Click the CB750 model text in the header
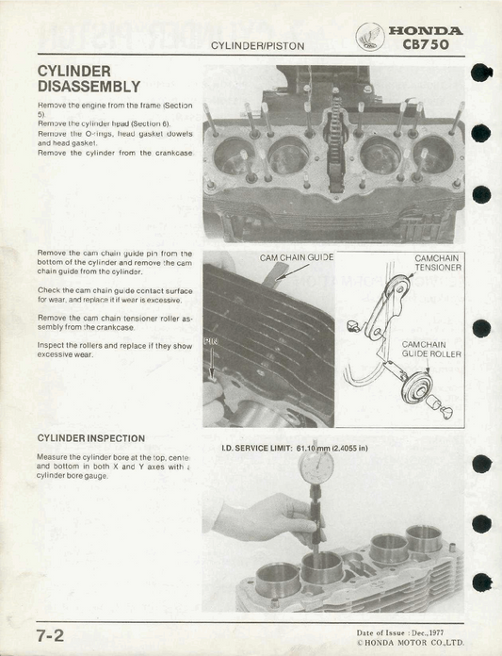[x=425, y=44]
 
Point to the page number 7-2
[x=50, y=635]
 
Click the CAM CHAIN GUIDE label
[x=296, y=257]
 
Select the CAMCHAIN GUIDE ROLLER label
[x=431, y=349]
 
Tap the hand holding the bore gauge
[x=254, y=518]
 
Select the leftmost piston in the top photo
[x=235, y=155]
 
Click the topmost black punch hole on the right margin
[x=480, y=74]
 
